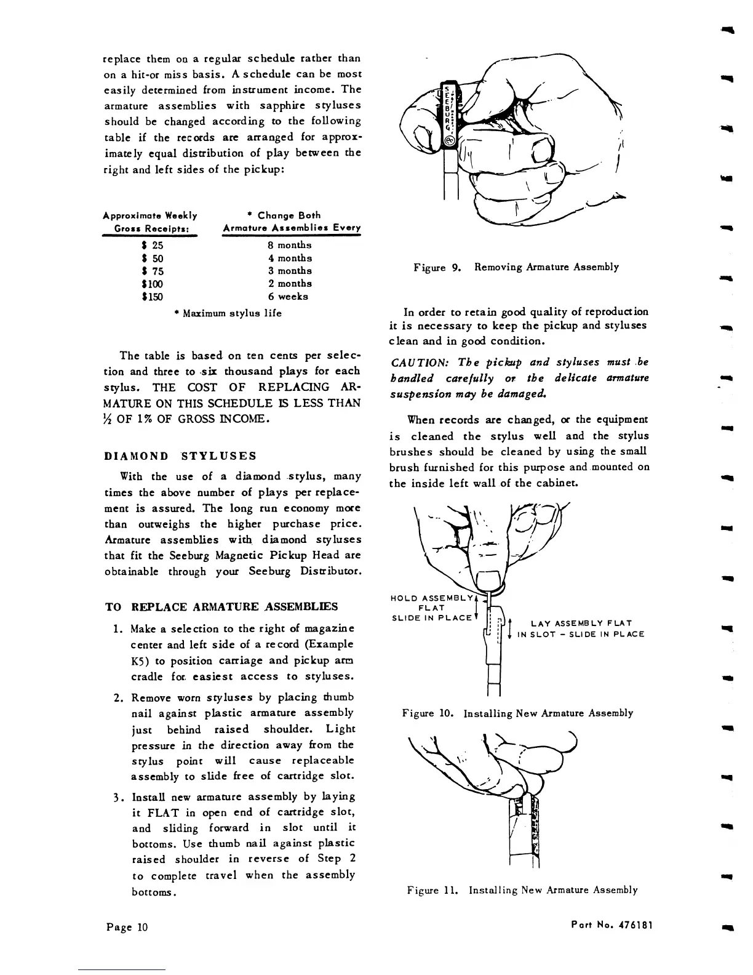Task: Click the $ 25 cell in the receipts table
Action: click(152, 245)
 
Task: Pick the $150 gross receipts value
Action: click(152, 297)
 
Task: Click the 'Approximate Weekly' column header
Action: click(150, 215)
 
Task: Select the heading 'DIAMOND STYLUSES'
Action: click(180, 456)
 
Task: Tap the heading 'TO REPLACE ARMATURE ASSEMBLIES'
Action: click(221, 607)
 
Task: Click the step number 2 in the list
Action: click(118, 698)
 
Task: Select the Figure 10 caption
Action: click(517, 713)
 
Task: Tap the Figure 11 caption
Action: click(522, 890)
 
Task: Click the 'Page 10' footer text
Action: click(126, 928)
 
